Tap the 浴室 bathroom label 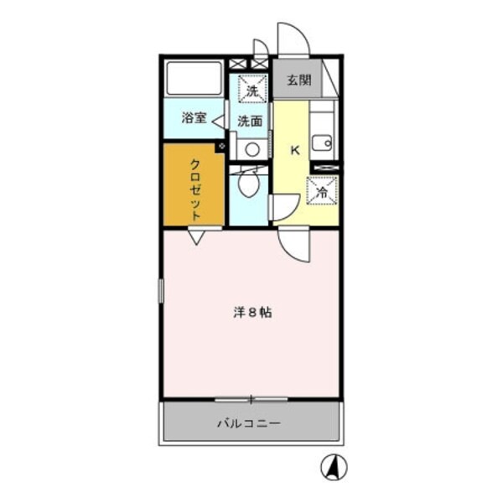(194, 118)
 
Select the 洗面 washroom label (249, 121)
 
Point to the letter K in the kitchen (295, 151)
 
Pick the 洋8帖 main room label (251, 313)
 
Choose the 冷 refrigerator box (323, 191)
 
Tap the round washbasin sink (251, 150)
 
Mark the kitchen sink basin (322, 143)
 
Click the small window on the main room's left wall (162, 290)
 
